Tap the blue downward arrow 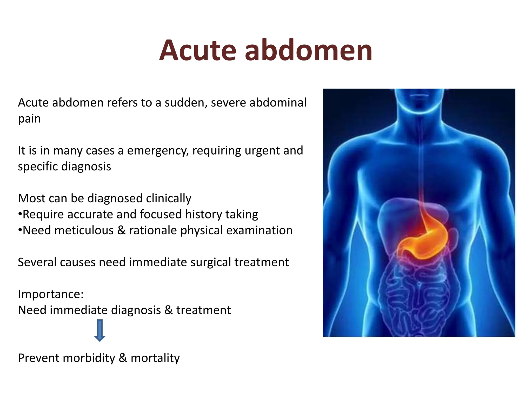pyautogui.click(x=100, y=330)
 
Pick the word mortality pyautogui.click(x=155, y=358)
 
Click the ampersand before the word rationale pyautogui.click(x=121, y=230)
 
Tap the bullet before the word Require pyautogui.click(x=20, y=215)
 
